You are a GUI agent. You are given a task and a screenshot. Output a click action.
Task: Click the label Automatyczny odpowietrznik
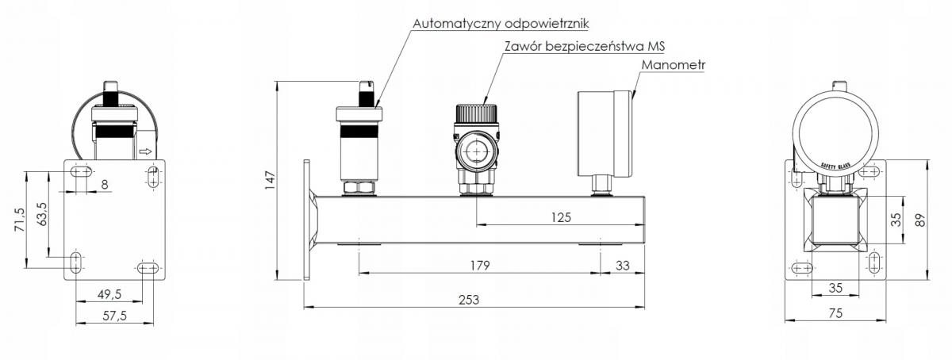pyautogui.click(x=501, y=23)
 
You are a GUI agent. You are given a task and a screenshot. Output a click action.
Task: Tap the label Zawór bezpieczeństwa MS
pyautogui.click(x=585, y=46)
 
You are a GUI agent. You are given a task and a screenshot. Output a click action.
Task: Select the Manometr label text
pyautogui.click(x=674, y=65)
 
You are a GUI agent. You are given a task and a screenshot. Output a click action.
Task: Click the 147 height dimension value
pyautogui.click(x=271, y=180)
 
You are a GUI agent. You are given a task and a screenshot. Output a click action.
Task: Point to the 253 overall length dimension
pyautogui.click(x=469, y=300)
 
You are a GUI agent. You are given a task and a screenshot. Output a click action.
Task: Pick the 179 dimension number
pyautogui.click(x=480, y=266)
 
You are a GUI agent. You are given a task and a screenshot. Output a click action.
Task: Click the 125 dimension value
pyautogui.click(x=561, y=217)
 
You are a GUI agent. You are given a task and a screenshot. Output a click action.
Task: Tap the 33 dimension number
pyautogui.click(x=623, y=266)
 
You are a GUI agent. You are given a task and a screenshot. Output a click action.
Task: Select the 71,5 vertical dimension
pyautogui.click(x=20, y=220)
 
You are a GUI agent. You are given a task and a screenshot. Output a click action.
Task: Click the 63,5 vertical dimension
pyautogui.click(x=42, y=214)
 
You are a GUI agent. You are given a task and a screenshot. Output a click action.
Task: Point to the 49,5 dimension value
pyautogui.click(x=109, y=294)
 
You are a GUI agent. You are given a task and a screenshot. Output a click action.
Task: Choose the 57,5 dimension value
pyautogui.click(x=115, y=316)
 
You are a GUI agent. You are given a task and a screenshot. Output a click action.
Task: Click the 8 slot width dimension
pyautogui.click(x=105, y=185)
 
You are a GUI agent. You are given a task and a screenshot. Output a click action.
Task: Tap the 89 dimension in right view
pyautogui.click(x=920, y=220)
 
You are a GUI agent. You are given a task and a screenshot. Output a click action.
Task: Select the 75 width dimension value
pyautogui.click(x=835, y=313)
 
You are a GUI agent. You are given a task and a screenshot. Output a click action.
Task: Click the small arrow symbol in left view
pyautogui.click(x=145, y=151)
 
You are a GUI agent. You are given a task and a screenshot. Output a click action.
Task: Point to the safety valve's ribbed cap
pyautogui.click(x=477, y=113)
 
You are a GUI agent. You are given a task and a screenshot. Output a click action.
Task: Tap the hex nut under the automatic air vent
pyautogui.click(x=359, y=187)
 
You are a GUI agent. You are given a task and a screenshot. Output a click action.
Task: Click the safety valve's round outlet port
pyautogui.click(x=477, y=151)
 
